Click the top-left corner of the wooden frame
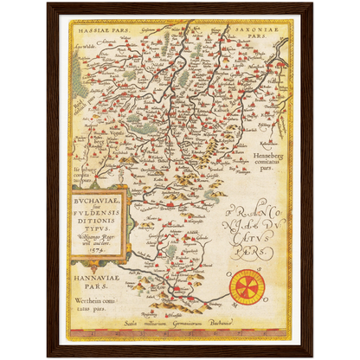click(48, 4)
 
